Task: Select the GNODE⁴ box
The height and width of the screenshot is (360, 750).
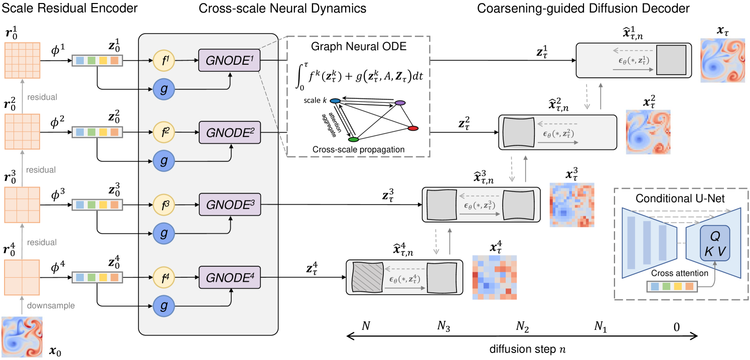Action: (230, 276)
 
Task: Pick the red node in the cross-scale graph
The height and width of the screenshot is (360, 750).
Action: (413, 129)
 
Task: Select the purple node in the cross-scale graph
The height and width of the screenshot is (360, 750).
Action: (400, 103)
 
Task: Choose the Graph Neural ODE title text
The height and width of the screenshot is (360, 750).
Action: (359, 47)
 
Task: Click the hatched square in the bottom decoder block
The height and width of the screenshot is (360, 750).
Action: (368, 277)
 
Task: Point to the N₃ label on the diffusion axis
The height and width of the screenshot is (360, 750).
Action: (444, 327)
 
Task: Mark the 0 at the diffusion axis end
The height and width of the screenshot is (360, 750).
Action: (676, 327)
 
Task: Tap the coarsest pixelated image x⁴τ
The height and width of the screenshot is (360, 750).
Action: (494, 277)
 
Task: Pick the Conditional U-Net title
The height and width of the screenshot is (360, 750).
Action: (681, 199)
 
